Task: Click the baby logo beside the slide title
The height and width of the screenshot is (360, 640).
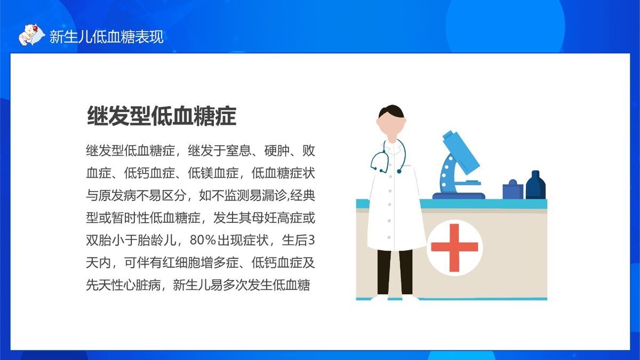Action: [30, 35]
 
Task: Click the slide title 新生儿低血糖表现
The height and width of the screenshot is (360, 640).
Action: [106, 37]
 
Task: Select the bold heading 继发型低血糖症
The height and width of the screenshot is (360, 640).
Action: [162, 116]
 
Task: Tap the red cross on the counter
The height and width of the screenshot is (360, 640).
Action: [454, 248]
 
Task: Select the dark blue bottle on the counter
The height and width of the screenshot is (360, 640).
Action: [535, 185]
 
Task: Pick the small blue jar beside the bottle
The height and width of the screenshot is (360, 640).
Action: [513, 189]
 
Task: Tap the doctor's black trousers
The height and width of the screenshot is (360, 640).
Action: [395, 271]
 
